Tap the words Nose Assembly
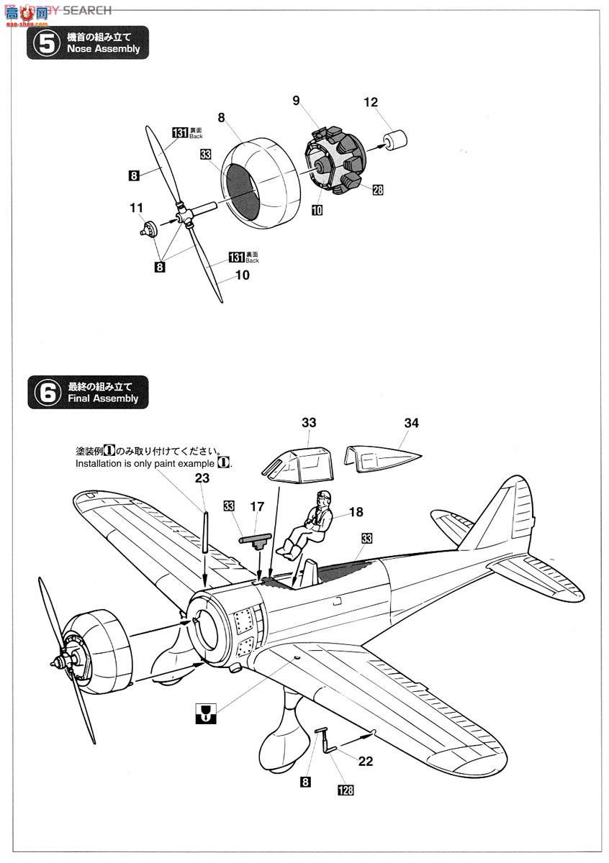tap(103, 50)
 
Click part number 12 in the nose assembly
tap(370, 103)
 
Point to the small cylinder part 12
tap(395, 140)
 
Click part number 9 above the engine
tap(296, 101)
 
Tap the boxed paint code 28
tap(377, 190)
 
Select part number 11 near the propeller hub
tap(137, 208)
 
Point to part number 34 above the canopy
tap(411, 424)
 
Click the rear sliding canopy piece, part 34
tap(382, 457)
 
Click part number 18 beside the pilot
tap(356, 513)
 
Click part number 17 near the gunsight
tap(257, 507)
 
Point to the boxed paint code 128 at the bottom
tap(346, 790)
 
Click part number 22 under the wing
tap(366, 762)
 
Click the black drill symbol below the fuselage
tap(206, 713)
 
